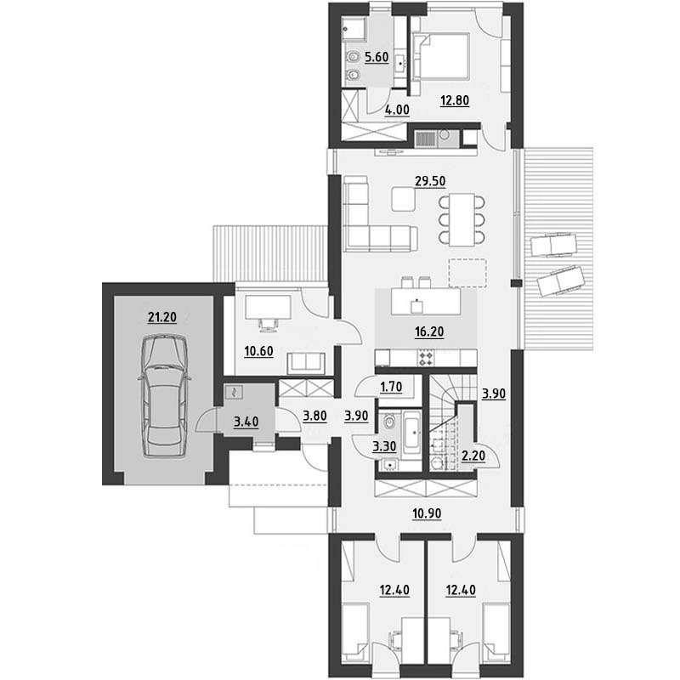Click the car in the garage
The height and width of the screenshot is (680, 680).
coord(165,395)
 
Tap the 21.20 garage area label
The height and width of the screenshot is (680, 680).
coord(162,317)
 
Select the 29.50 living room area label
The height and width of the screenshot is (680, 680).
coord(430,181)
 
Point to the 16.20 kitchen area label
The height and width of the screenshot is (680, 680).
coord(429,331)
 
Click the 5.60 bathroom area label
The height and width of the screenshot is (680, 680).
coord(377,57)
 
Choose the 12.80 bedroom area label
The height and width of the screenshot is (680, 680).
coord(455,100)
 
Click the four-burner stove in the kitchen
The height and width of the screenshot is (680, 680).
coord(426,358)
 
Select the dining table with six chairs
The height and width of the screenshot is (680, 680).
coord(462,220)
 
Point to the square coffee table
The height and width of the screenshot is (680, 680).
coord(403,199)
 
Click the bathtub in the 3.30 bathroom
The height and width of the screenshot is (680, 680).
coord(411,433)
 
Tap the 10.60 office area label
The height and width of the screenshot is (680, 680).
coord(259,351)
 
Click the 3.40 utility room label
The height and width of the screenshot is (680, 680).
coord(246,422)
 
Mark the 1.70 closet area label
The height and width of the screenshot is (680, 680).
coord(391,387)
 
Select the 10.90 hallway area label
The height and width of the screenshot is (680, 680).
coord(427,513)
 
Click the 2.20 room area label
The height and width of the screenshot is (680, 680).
coord(473,456)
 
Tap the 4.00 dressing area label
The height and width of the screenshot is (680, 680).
coord(397,110)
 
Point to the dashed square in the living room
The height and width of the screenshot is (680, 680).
coord(467,273)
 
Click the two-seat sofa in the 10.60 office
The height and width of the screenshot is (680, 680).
coord(306,363)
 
